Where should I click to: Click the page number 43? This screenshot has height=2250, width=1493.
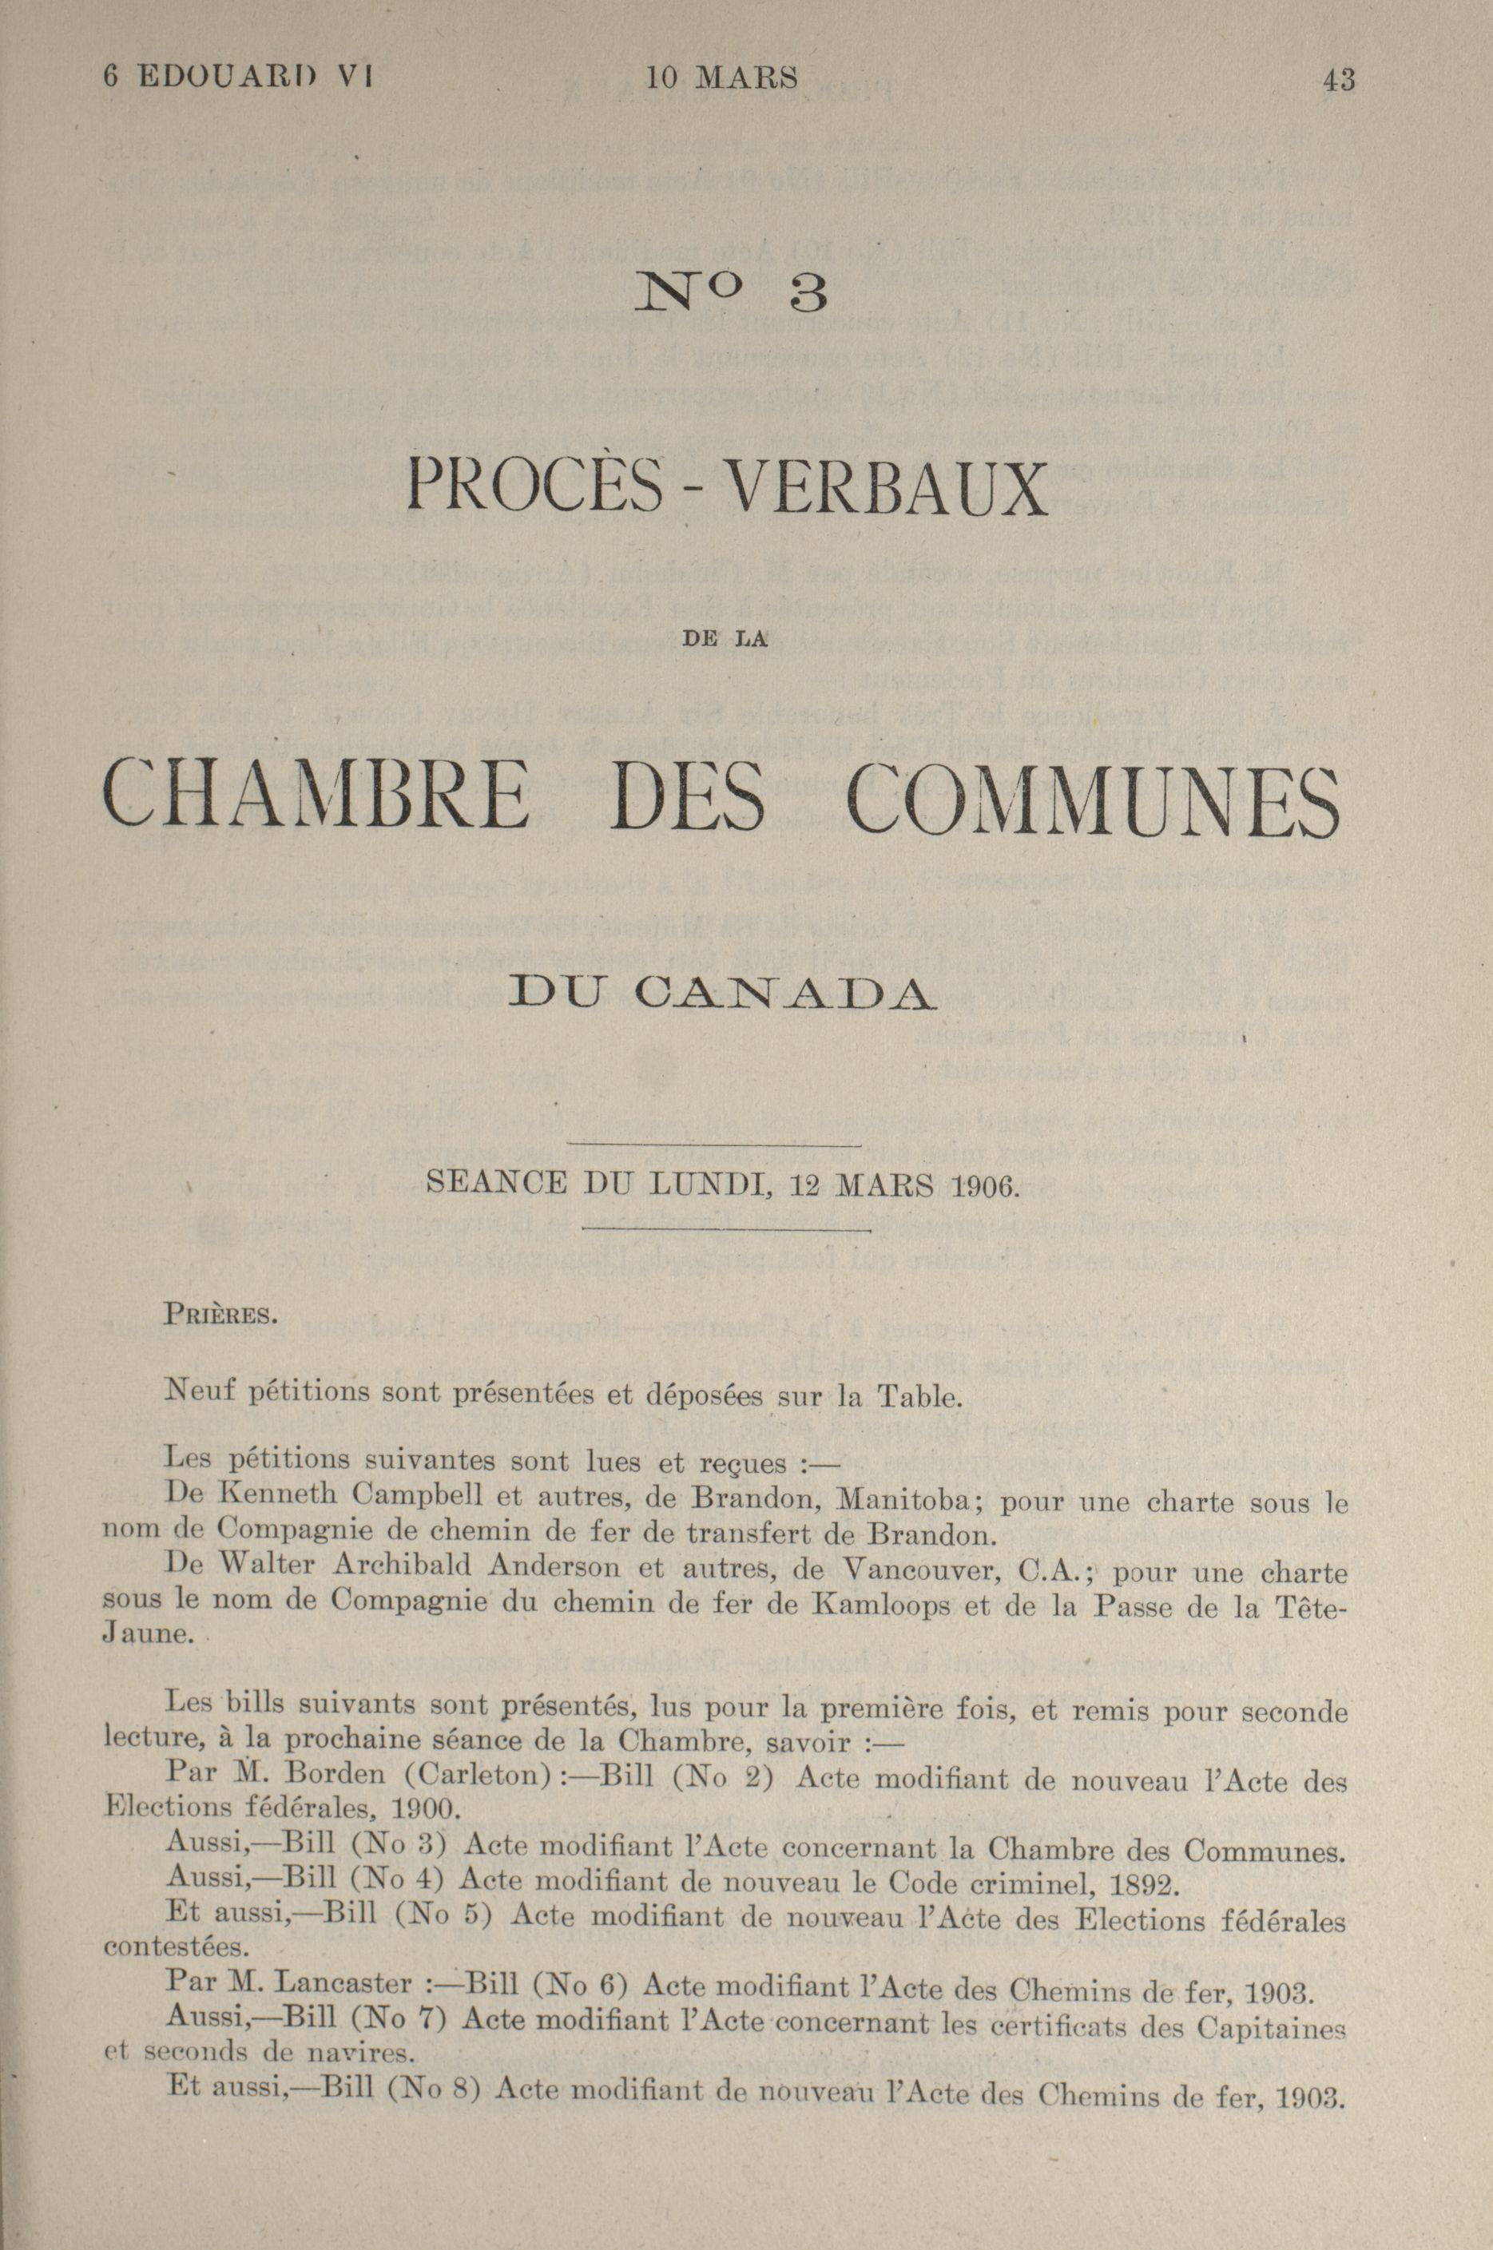(1338, 79)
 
